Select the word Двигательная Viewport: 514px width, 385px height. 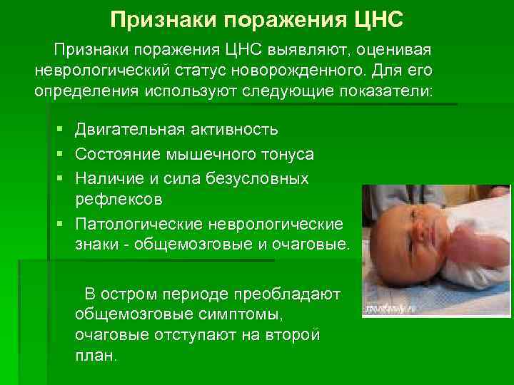(x=130, y=130)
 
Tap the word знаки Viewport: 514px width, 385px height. (x=98, y=245)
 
